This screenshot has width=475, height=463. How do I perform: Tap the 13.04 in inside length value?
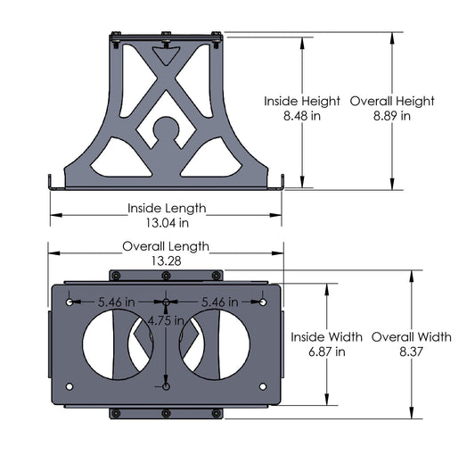166,223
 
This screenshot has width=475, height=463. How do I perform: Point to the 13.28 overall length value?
166,260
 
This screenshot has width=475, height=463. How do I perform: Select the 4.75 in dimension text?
166,319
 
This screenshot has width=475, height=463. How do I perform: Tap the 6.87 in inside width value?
326,351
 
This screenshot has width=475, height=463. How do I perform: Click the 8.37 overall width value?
411,351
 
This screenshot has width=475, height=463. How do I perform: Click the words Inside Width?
326,337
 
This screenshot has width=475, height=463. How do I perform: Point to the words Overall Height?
392,101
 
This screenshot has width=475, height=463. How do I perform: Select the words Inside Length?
167,208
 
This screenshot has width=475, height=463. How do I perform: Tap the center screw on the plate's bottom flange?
166,412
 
